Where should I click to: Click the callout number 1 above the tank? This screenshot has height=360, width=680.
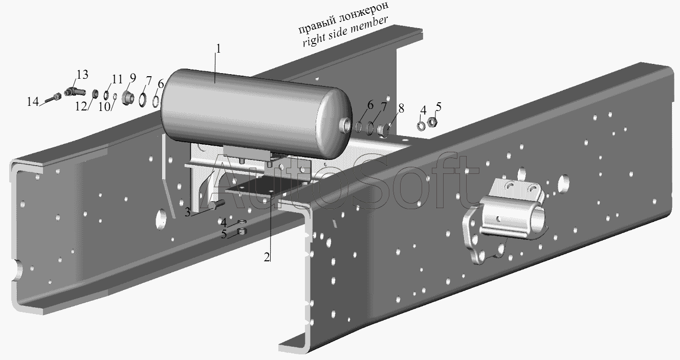click(218, 49)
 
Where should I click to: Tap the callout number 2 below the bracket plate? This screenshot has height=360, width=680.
click(267, 257)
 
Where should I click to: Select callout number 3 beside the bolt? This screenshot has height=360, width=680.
click(187, 212)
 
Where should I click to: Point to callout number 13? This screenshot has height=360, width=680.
click(82, 75)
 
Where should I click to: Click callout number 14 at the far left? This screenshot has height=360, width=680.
click(33, 102)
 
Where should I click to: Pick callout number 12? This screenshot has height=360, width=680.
click(81, 106)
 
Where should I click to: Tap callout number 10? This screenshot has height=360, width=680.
click(104, 107)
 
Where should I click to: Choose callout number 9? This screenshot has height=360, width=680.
click(133, 78)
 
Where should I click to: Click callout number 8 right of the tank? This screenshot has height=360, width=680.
click(401, 108)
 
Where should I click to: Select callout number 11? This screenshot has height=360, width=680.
click(117, 79)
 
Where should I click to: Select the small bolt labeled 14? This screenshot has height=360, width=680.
click(53, 98)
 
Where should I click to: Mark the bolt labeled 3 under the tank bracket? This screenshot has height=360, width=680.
click(219, 204)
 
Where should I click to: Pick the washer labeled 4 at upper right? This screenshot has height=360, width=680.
click(421, 126)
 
